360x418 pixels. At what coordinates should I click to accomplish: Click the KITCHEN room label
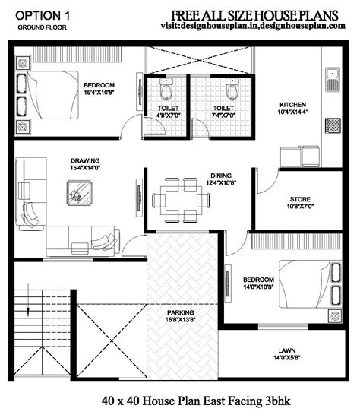292,105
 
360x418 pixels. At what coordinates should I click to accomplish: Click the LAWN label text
287,352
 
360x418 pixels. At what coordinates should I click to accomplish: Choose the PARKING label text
181,312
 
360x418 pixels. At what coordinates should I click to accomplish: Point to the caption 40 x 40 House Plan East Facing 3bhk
180,401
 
